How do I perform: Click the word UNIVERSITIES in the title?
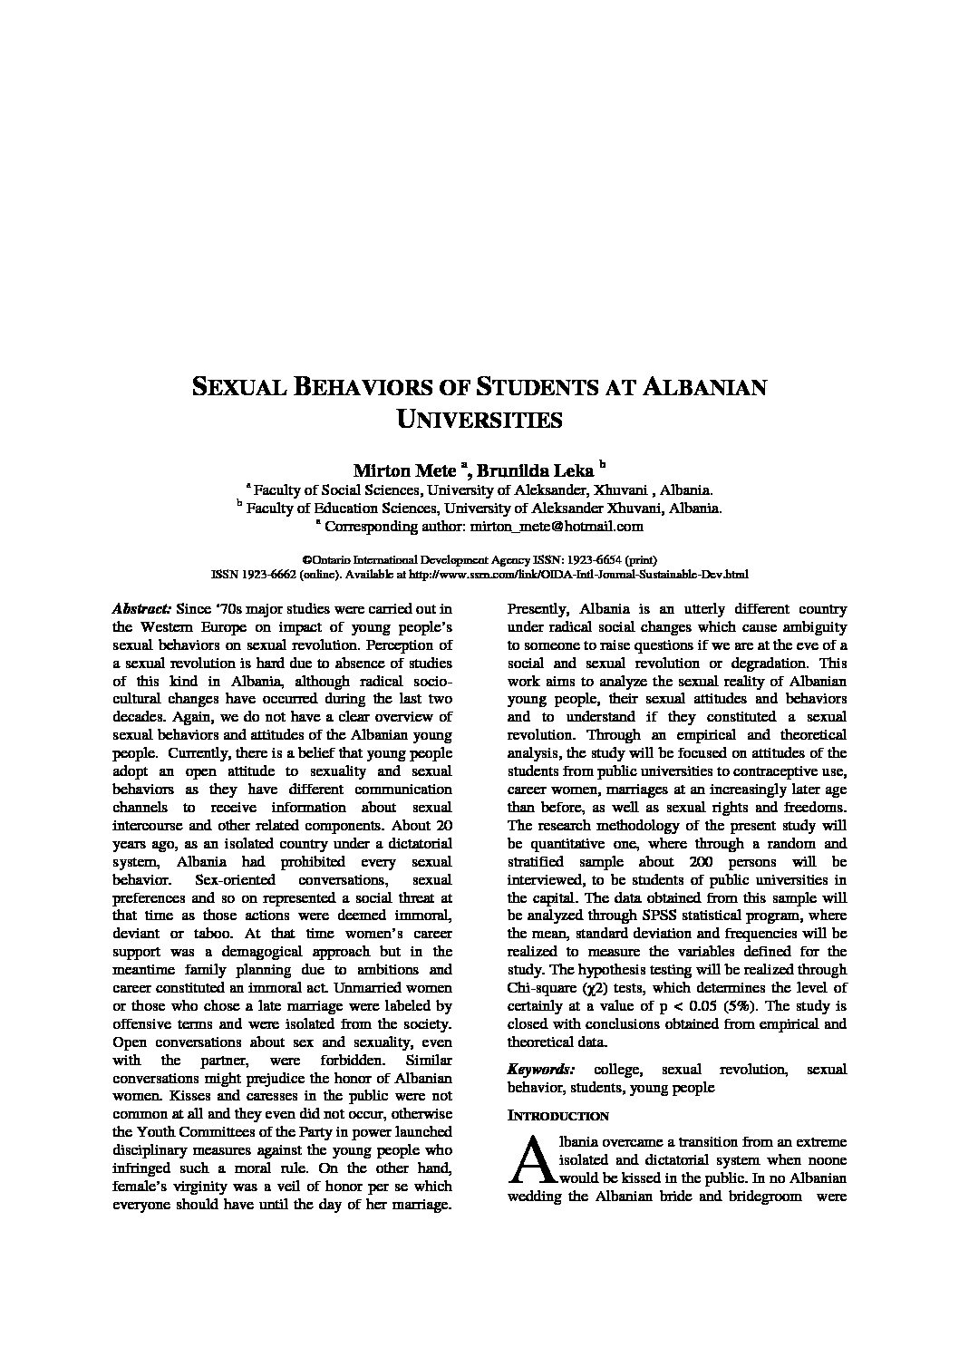tap(479, 420)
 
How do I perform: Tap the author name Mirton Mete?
tap(405, 470)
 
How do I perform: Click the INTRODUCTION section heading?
tap(557, 1116)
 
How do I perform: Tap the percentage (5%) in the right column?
tap(748, 1006)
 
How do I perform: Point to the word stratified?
tap(535, 861)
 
